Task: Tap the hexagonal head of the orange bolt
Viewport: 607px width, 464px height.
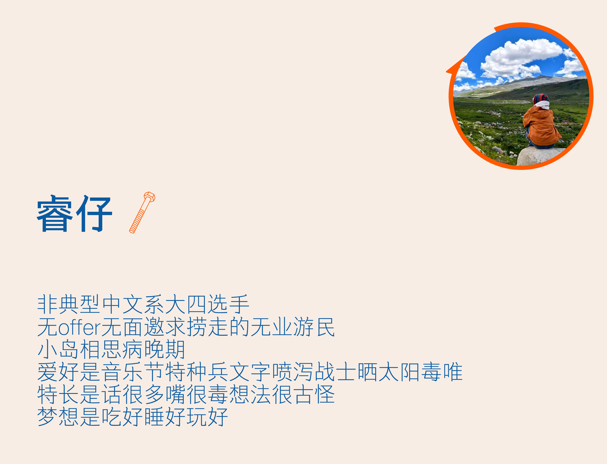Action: click(150, 197)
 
